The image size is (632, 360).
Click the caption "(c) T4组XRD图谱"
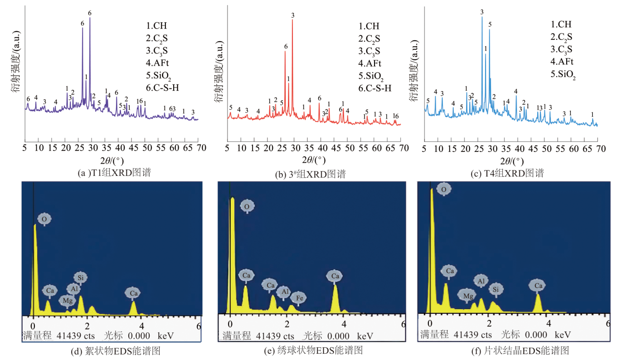pos(508,173)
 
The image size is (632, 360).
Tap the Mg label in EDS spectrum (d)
pos(67,300)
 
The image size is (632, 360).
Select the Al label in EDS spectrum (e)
pos(284,292)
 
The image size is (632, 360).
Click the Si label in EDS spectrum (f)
pos(496,288)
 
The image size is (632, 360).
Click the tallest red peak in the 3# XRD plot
pos(292,20)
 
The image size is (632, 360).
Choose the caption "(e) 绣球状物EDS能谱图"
pos(312,350)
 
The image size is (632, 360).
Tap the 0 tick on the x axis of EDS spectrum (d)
pos(33,326)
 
